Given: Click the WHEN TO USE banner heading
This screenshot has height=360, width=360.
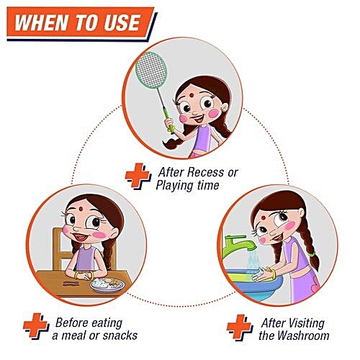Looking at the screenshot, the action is [78, 22].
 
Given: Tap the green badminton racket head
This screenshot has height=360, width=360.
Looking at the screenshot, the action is [151, 70].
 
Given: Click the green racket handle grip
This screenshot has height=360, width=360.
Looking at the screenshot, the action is [170, 125].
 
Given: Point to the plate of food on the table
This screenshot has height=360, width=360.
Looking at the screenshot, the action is [107, 284].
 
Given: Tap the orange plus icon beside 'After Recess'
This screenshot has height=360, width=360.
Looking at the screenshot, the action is [138, 176].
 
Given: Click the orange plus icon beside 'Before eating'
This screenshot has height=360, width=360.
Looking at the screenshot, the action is [36, 325].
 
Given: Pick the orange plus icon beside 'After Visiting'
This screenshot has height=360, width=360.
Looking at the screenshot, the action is [240, 328].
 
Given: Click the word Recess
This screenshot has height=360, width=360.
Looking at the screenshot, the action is [205, 172].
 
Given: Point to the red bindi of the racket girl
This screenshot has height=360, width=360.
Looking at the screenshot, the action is [192, 95].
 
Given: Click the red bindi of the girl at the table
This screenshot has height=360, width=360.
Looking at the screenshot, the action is [81, 209].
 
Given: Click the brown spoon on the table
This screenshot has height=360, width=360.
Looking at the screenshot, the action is [71, 284].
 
